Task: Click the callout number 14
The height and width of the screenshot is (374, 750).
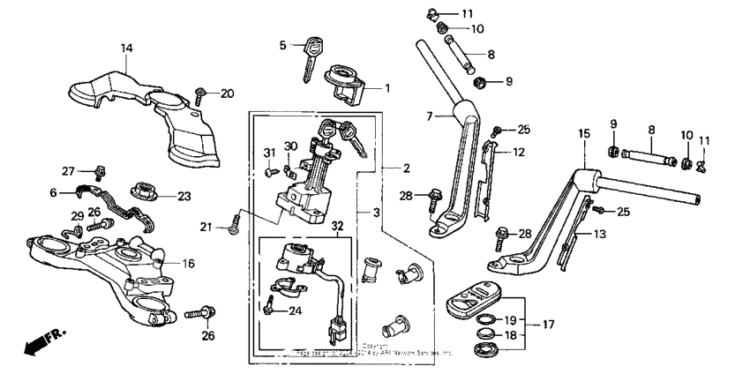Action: [x=126, y=48]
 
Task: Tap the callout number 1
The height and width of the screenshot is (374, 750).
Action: [x=386, y=88]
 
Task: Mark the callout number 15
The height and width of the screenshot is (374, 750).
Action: [x=582, y=133]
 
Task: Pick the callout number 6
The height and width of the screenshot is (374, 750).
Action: [x=53, y=192]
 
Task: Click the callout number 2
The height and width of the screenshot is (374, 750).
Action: [x=407, y=168]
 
